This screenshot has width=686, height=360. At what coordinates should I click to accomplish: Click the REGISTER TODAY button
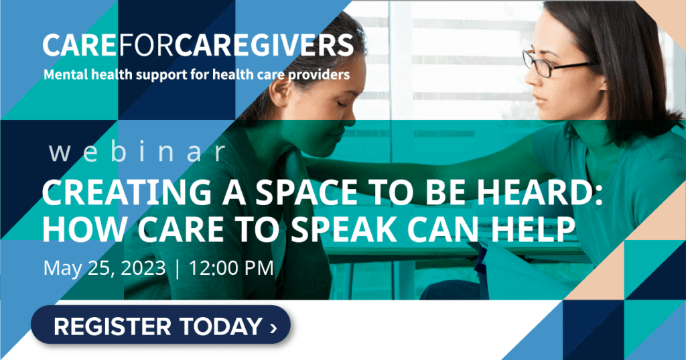(161, 325)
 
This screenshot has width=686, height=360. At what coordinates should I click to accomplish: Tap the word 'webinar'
(137, 152)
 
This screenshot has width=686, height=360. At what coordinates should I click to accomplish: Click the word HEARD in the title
(540, 193)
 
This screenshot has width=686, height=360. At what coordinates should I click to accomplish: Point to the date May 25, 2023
(105, 268)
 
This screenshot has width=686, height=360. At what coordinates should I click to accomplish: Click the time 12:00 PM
(231, 268)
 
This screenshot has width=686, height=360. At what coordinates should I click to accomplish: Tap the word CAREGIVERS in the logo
(264, 45)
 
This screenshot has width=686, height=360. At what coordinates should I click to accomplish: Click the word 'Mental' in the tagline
(66, 74)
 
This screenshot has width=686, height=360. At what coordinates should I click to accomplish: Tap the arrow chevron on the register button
(273, 328)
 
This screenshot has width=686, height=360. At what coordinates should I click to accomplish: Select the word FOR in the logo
(146, 45)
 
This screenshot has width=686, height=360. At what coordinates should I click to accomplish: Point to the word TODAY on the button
(220, 326)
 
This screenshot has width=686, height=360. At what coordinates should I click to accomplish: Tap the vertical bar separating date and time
(177, 268)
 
